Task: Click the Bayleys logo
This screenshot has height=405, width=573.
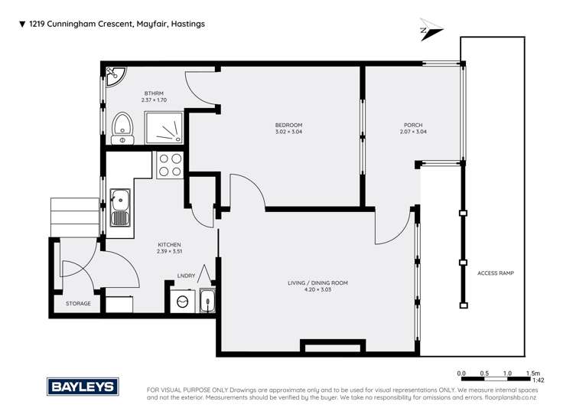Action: tap(81, 386)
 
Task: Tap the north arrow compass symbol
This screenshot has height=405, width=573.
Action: tap(431, 31)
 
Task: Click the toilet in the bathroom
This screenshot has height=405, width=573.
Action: tap(122, 128)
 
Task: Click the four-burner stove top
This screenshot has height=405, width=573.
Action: tap(168, 165)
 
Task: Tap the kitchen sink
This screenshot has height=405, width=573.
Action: tap(119, 207)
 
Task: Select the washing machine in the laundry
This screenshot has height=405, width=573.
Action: tap(182, 302)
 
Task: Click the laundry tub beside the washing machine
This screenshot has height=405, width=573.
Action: tap(207, 302)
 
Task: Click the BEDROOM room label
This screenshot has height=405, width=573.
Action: tap(288, 125)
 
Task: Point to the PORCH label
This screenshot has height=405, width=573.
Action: tap(413, 125)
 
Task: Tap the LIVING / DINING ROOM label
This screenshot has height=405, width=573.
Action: tap(317, 283)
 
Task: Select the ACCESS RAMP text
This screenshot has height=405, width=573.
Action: tap(495, 273)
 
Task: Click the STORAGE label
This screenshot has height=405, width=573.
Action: tap(77, 303)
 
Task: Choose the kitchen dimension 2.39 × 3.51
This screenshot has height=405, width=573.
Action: tap(169, 251)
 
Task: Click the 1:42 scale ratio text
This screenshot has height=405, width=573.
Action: tap(538, 380)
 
